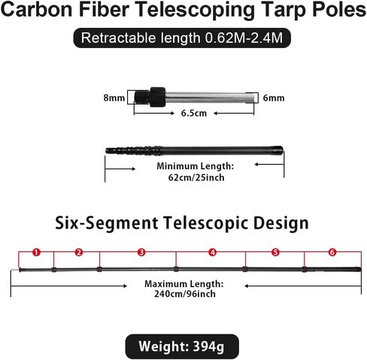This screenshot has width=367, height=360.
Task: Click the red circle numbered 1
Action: [x=37, y=252]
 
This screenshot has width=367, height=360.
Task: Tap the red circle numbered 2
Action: [x=79, y=252]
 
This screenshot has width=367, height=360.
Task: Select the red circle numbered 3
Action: [x=141, y=252]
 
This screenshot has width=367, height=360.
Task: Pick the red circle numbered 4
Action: [x=212, y=252]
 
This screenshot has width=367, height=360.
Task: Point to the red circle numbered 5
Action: [x=275, y=252]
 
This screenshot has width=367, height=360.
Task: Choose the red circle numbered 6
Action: [x=332, y=252]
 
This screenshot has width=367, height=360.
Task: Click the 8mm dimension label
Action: [x=114, y=98]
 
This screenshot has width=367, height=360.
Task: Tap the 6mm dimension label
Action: [x=274, y=98]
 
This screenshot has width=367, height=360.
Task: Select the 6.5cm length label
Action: [x=194, y=113]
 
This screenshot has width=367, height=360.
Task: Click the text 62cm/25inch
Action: [x=196, y=177]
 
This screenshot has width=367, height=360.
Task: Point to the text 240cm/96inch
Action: [x=185, y=294]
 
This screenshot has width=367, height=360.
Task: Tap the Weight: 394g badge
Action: [x=182, y=346]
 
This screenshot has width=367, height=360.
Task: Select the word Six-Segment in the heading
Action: [x=107, y=223]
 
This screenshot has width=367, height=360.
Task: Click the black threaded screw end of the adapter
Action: [x=142, y=97]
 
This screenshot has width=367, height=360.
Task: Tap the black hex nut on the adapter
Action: [x=158, y=97]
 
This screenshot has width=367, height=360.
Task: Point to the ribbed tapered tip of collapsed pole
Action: [x=134, y=151]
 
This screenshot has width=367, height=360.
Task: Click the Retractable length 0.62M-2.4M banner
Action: [x=182, y=38]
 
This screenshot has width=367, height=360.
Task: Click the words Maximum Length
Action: [x=184, y=284]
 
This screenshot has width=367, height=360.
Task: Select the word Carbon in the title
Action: [x=37, y=9]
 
